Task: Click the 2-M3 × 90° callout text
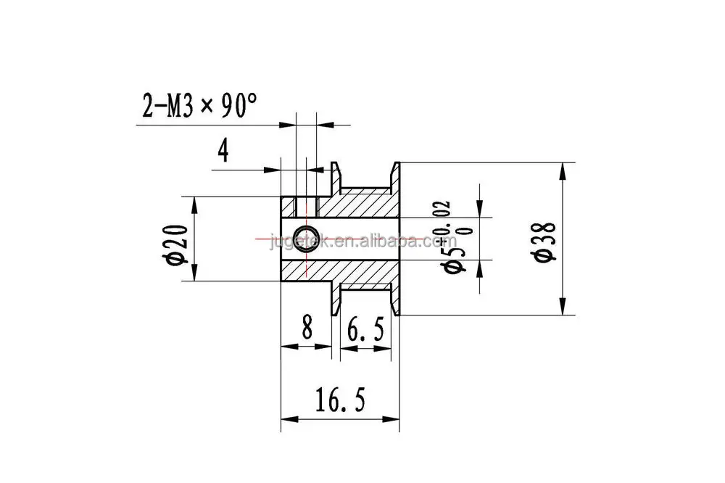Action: [199, 106]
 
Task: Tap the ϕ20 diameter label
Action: [177, 244]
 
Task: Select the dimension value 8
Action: [307, 326]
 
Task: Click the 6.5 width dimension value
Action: [365, 330]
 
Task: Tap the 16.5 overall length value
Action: [340, 400]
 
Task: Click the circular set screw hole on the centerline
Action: [306, 239]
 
